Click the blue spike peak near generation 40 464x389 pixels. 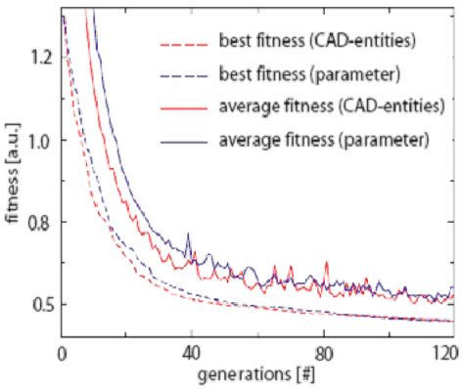point(190,238)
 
